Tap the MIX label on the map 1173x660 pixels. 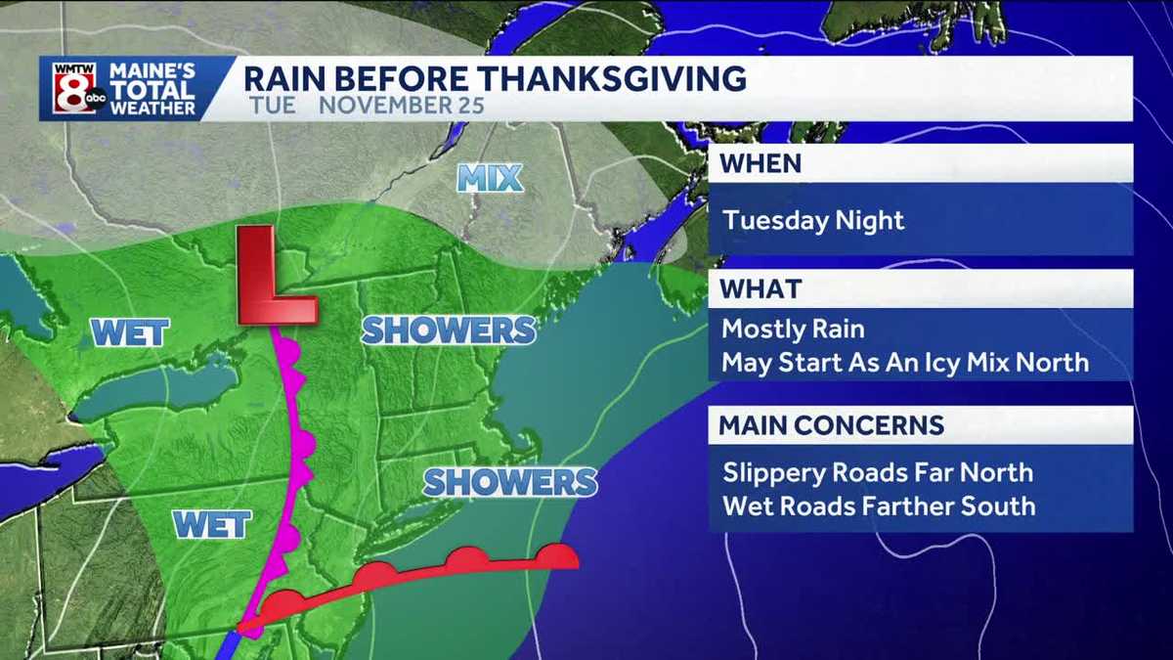point(490,178)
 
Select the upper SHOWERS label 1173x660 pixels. point(449,330)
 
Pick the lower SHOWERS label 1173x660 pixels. point(510,481)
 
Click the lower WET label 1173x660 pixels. point(212,525)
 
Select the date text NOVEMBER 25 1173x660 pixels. point(401,105)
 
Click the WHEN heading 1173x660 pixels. point(760,163)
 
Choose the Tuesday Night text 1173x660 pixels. point(814,219)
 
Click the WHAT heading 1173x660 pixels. point(760,289)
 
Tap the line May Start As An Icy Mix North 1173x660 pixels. point(904,363)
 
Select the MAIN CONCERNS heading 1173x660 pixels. point(831,425)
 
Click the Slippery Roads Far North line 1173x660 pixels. point(877,472)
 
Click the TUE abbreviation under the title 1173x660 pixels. point(272,105)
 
